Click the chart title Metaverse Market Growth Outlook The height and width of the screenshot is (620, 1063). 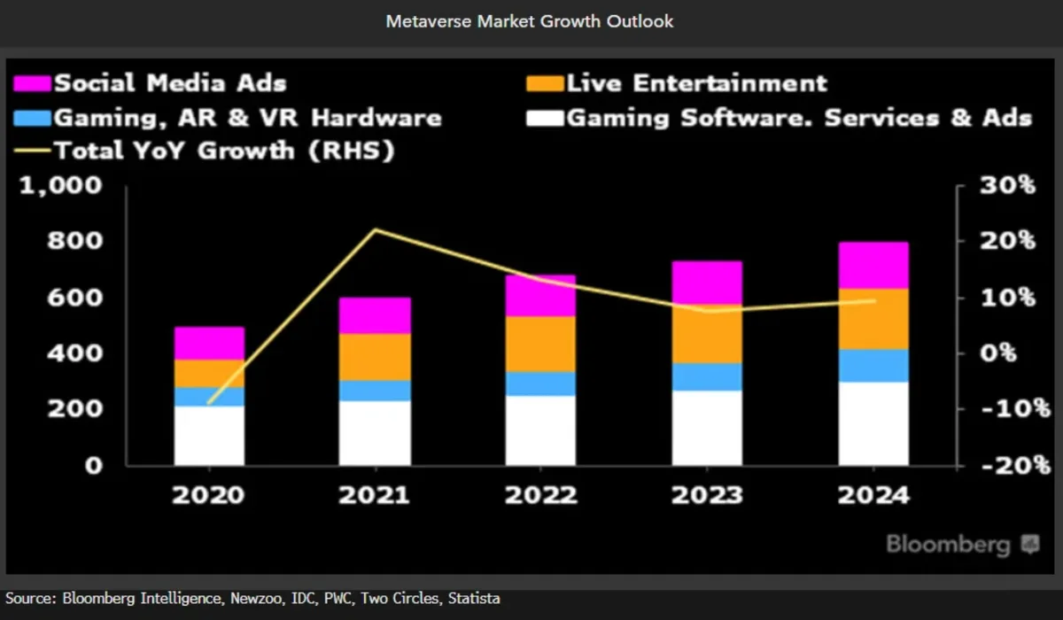[x=530, y=21]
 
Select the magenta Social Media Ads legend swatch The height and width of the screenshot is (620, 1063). [x=33, y=84]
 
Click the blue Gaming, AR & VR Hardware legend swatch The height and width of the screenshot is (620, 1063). [x=33, y=118]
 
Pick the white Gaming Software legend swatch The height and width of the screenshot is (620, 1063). [x=543, y=118]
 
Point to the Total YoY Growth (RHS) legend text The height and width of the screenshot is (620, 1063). [x=224, y=151]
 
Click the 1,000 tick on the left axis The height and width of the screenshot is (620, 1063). [x=60, y=186]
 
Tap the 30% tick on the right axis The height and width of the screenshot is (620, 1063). [x=1007, y=186]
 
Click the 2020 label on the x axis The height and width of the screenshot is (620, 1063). [x=209, y=494]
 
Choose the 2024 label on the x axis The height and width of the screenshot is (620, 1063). [x=873, y=494]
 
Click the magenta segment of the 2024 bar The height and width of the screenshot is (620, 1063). [x=873, y=265]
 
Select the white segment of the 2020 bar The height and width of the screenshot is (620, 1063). [x=209, y=435]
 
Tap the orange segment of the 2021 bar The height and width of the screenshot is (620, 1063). [x=376, y=357]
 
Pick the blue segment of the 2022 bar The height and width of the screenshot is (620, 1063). [x=541, y=384]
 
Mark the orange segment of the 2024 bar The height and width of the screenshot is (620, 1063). [x=873, y=319]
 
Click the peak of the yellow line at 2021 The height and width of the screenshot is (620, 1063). [x=376, y=230]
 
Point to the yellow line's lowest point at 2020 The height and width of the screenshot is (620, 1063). [x=209, y=403]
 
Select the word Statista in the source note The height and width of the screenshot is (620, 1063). [x=475, y=600]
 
